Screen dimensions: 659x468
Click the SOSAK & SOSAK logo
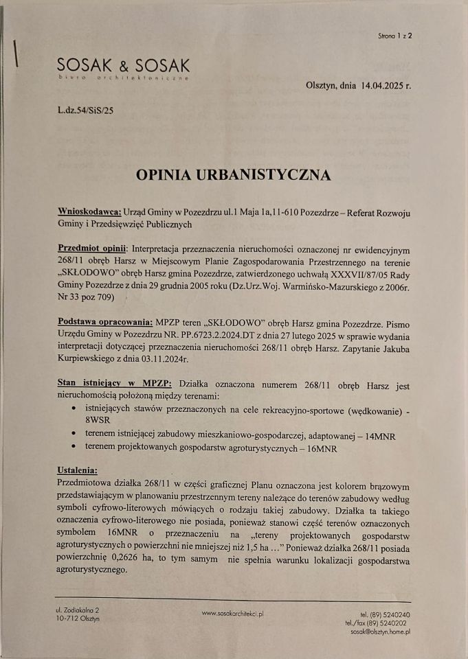124,67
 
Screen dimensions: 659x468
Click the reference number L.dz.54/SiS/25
86,109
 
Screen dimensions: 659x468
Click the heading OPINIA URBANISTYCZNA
234,174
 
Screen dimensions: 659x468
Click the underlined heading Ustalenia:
77,470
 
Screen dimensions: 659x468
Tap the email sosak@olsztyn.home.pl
380,631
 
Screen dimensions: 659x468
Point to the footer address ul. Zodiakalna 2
78,610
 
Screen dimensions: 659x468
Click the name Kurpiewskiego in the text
88,358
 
